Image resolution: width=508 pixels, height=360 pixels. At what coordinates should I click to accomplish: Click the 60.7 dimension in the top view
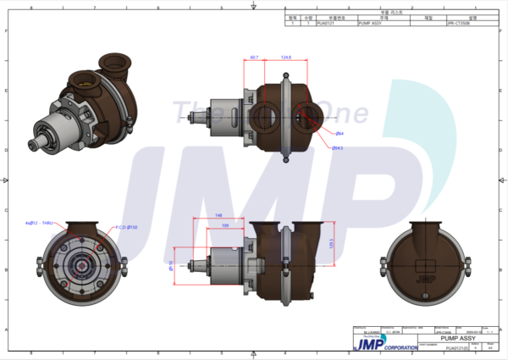[x=255, y=58]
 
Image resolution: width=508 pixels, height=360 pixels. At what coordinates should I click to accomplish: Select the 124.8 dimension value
[x=285, y=58]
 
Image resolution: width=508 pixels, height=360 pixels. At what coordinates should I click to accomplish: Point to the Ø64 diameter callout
[x=339, y=133]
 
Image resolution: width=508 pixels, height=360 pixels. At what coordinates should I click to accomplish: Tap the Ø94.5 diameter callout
[x=338, y=147]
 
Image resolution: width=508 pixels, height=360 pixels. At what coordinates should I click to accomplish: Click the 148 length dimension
[x=218, y=214]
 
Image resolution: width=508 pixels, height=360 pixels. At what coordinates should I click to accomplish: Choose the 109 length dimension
[x=225, y=225]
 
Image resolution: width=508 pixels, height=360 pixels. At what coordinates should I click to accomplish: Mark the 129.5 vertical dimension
[x=331, y=243]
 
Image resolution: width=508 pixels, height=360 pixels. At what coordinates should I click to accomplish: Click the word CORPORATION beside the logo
[x=400, y=347]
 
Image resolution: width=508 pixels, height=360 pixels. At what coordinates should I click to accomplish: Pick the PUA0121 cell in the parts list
[x=325, y=24]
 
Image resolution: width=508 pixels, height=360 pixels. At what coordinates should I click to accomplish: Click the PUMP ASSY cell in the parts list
[x=370, y=24]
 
